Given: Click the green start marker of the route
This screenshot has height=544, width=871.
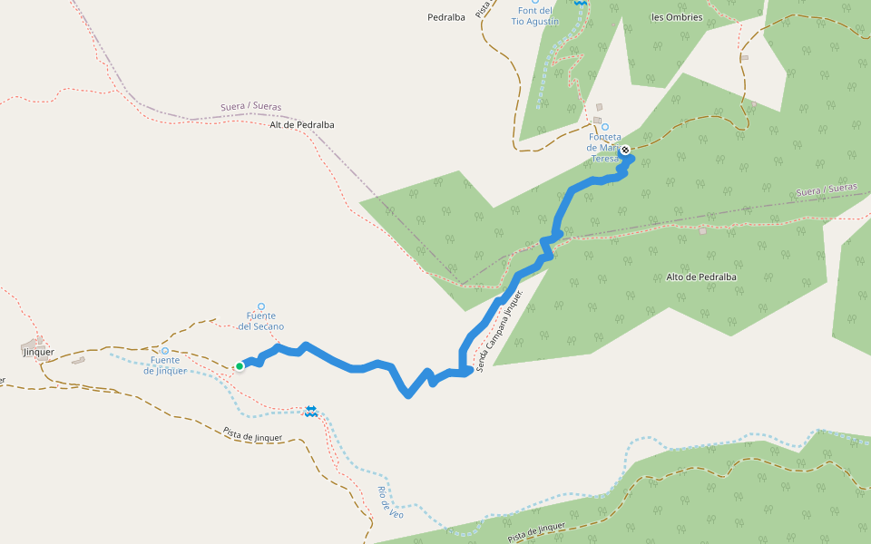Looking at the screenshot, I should (240, 366).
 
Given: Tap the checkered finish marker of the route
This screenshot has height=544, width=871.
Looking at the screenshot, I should (625, 150).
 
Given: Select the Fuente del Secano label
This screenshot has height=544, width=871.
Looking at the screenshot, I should (261, 321).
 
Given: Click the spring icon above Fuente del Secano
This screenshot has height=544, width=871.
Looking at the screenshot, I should (261, 306).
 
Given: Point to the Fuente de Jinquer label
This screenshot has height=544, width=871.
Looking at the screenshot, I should (165, 364).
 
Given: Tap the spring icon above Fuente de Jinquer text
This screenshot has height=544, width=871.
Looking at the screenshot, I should (164, 350).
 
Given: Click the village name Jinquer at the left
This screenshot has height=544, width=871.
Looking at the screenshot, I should (38, 352).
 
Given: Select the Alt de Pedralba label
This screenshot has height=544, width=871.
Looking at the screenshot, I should (302, 125).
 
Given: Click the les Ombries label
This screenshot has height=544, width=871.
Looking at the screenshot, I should (677, 17).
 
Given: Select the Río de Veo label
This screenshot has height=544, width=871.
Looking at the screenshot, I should (390, 502).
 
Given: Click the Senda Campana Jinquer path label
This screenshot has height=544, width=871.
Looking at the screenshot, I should (501, 331).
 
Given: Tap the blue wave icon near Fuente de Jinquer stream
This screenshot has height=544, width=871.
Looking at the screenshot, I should (311, 412).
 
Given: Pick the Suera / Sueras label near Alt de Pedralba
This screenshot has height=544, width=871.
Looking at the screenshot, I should (250, 107).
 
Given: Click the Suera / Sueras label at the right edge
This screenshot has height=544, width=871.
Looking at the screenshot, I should (826, 189).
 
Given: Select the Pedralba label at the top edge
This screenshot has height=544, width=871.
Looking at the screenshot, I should (445, 17).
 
